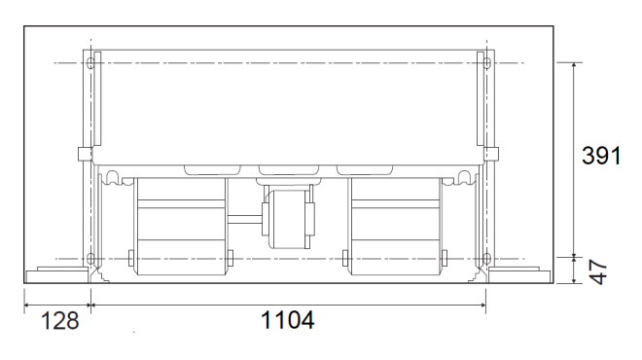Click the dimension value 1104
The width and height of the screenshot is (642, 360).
287,320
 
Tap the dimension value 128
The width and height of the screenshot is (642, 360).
59,321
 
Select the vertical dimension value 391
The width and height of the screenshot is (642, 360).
601,156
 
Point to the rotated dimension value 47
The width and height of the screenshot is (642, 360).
598,271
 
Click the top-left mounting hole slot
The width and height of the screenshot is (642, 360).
90,63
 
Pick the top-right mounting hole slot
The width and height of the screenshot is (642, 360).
486,63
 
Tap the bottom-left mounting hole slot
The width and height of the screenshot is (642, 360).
90,259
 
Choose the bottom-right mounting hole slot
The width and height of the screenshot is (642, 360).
486,259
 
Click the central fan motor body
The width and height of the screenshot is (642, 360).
289,219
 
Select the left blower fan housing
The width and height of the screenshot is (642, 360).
181,226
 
